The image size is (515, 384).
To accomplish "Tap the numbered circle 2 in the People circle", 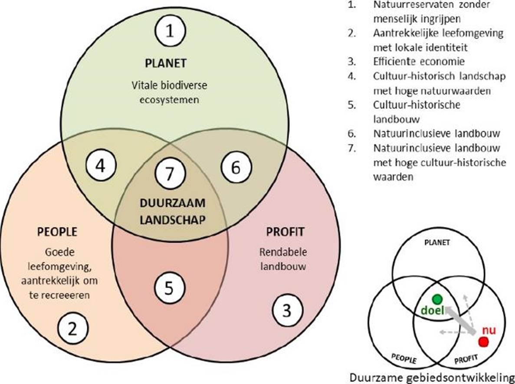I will click(73, 329).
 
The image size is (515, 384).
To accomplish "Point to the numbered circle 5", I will click(170, 288).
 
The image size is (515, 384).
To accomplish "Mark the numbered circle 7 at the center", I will click(170, 174).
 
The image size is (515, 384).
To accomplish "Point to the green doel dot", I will click(436, 299).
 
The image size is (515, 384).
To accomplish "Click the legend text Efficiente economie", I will click(412, 62).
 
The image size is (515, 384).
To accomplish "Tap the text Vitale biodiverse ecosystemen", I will click(169, 92).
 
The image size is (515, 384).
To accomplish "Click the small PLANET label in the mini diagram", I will click(437, 243).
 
